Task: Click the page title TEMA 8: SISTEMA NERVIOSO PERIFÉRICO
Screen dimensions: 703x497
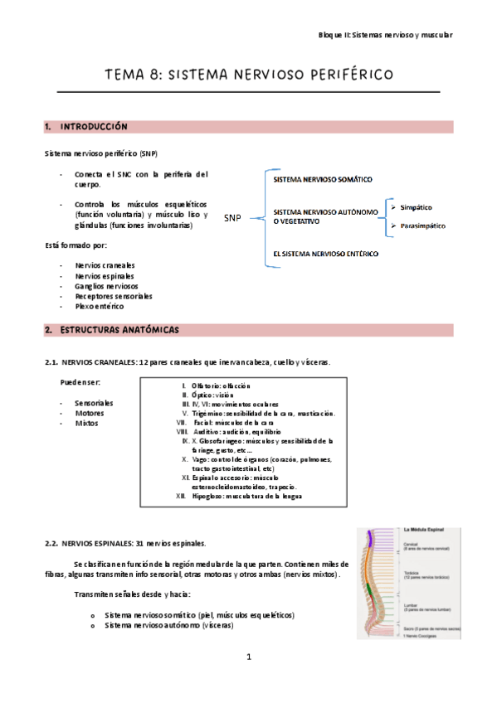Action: [248, 75]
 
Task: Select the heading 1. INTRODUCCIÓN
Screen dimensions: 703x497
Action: [85, 127]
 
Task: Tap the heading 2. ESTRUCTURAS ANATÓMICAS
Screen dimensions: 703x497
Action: [111, 330]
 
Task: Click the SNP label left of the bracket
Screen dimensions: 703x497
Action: [232, 218]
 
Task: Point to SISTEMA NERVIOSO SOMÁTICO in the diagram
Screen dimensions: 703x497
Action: [322, 179]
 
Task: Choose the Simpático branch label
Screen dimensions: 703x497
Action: [416, 207]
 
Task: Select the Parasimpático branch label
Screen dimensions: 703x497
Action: [422, 225]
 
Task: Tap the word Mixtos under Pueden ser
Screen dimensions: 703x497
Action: [85, 423]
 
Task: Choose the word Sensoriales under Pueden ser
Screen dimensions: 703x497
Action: [94, 403]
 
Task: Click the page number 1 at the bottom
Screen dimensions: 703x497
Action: [248, 657]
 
